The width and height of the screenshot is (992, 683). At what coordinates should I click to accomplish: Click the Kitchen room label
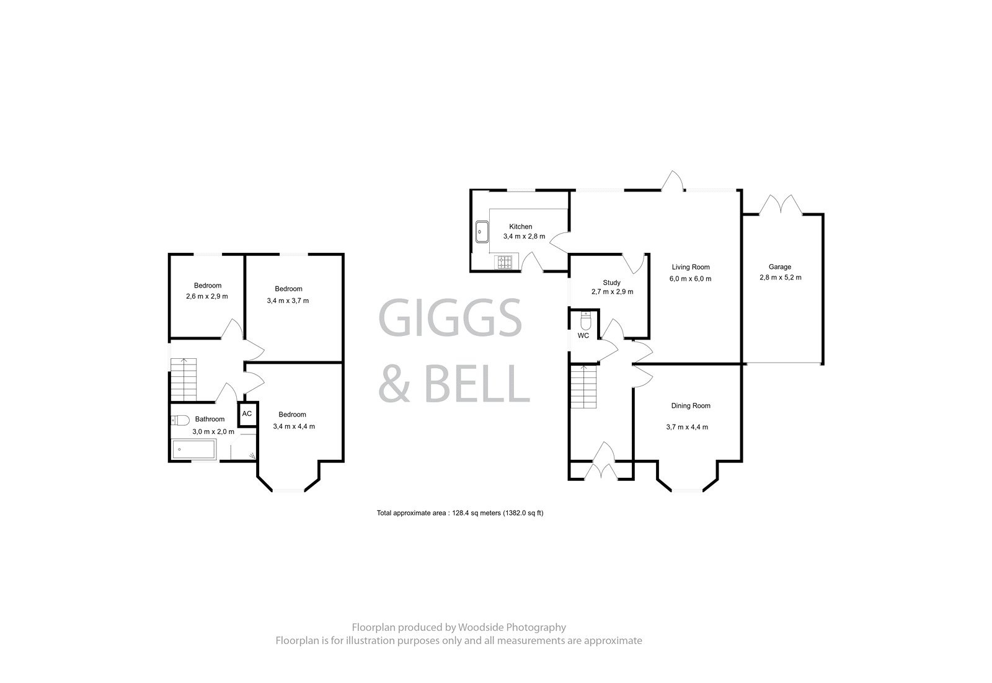[521, 227]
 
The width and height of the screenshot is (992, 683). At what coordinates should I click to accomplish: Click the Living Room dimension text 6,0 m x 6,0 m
[690, 279]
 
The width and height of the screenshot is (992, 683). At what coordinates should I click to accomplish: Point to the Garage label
[780, 267]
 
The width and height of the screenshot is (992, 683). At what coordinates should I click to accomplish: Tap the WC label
[583, 336]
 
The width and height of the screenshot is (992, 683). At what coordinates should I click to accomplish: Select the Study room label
[611, 283]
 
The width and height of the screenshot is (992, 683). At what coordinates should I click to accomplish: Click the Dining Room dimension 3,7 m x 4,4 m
[686, 427]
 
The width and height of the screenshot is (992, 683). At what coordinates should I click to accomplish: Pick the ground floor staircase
[583, 386]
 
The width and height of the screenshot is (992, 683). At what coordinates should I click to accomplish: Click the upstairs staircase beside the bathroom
[184, 379]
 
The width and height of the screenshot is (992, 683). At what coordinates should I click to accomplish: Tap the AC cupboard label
[247, 414]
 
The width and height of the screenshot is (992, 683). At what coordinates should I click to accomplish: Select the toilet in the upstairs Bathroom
[180, 420]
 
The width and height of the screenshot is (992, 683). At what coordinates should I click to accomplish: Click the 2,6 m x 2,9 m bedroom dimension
[207, 296]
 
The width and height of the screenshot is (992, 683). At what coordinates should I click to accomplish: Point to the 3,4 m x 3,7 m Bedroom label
[288, 289]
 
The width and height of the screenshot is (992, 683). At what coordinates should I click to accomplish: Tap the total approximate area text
[460, 513]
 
